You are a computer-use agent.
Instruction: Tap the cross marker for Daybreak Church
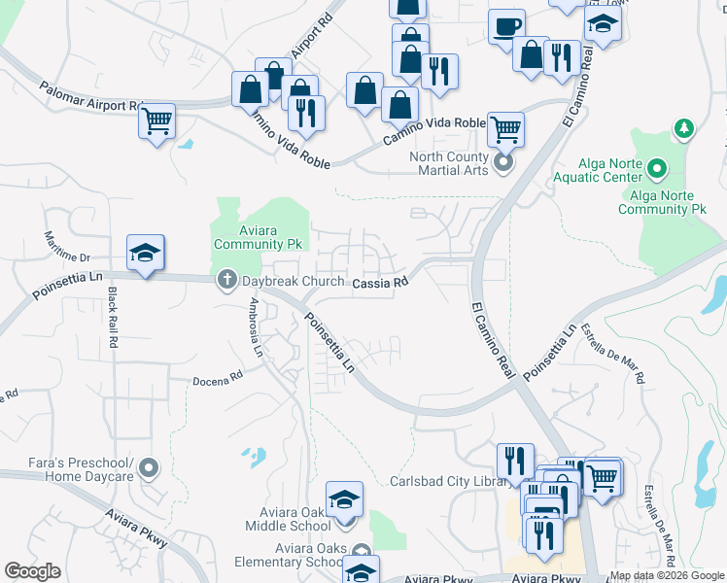226,280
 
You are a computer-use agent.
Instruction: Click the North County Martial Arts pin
503,162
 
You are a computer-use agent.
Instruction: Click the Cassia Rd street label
379,283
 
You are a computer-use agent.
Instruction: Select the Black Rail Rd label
114,319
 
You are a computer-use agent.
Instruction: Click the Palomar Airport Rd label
93,99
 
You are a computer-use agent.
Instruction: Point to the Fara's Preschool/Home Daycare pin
148,469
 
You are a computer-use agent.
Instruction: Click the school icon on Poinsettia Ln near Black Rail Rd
145,255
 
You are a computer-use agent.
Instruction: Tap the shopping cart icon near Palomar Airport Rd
156,121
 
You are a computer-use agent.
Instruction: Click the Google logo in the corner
33,571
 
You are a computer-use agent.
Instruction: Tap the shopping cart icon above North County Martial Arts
505,127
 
